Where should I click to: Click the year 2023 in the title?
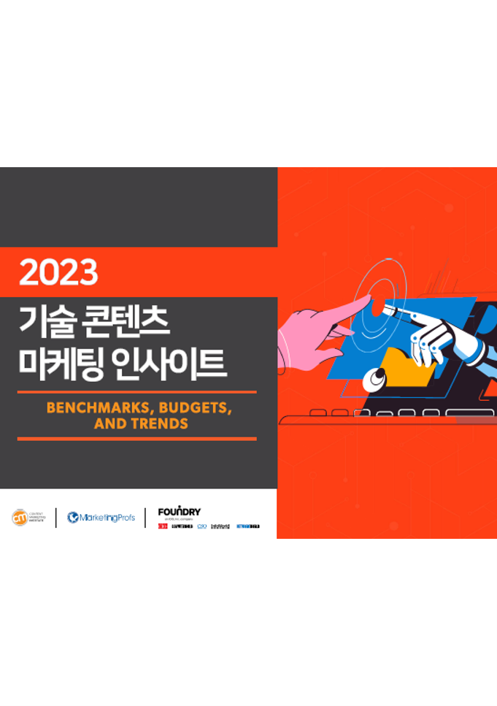(x=58, y=272)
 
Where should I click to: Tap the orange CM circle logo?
(x=20, y=518)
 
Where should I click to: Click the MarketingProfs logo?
(x=101, y=518)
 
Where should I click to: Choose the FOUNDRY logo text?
(x=179, y=512)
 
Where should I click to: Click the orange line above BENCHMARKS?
(x=136, y=392)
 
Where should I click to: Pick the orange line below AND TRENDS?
(x=136, y=439)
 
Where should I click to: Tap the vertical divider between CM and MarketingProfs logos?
(x=56, y=518)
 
